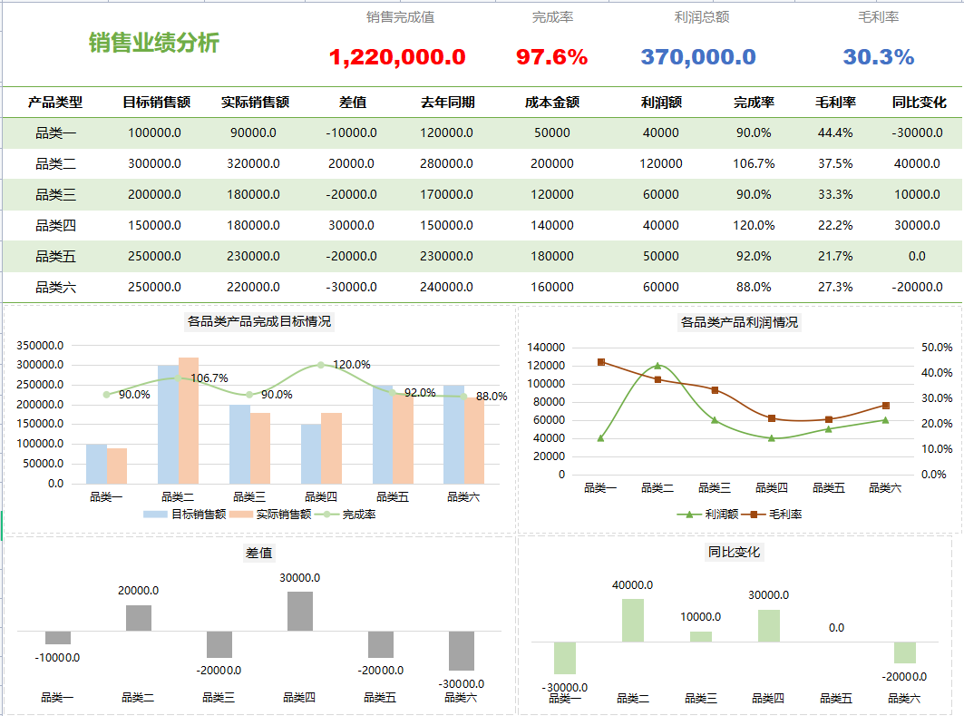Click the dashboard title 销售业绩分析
click(154, 42)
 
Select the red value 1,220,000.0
click(397, 57)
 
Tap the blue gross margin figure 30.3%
click(878, 57)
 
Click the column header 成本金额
click(551, 103)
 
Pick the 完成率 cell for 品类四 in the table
click(754, 225)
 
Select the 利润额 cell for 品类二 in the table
click(660, 163)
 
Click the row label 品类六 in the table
click(55, 287)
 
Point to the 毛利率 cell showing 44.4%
click(834, 132)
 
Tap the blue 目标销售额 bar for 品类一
click(96, 464)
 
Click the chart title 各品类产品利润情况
click(739, 322)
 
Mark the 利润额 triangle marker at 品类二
click(657, 366)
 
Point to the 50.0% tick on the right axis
click(936, 348)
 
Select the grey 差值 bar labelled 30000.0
click(300, 611)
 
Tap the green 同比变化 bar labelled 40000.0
click(633, 620)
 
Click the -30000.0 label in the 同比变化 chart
click(565, 687)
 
